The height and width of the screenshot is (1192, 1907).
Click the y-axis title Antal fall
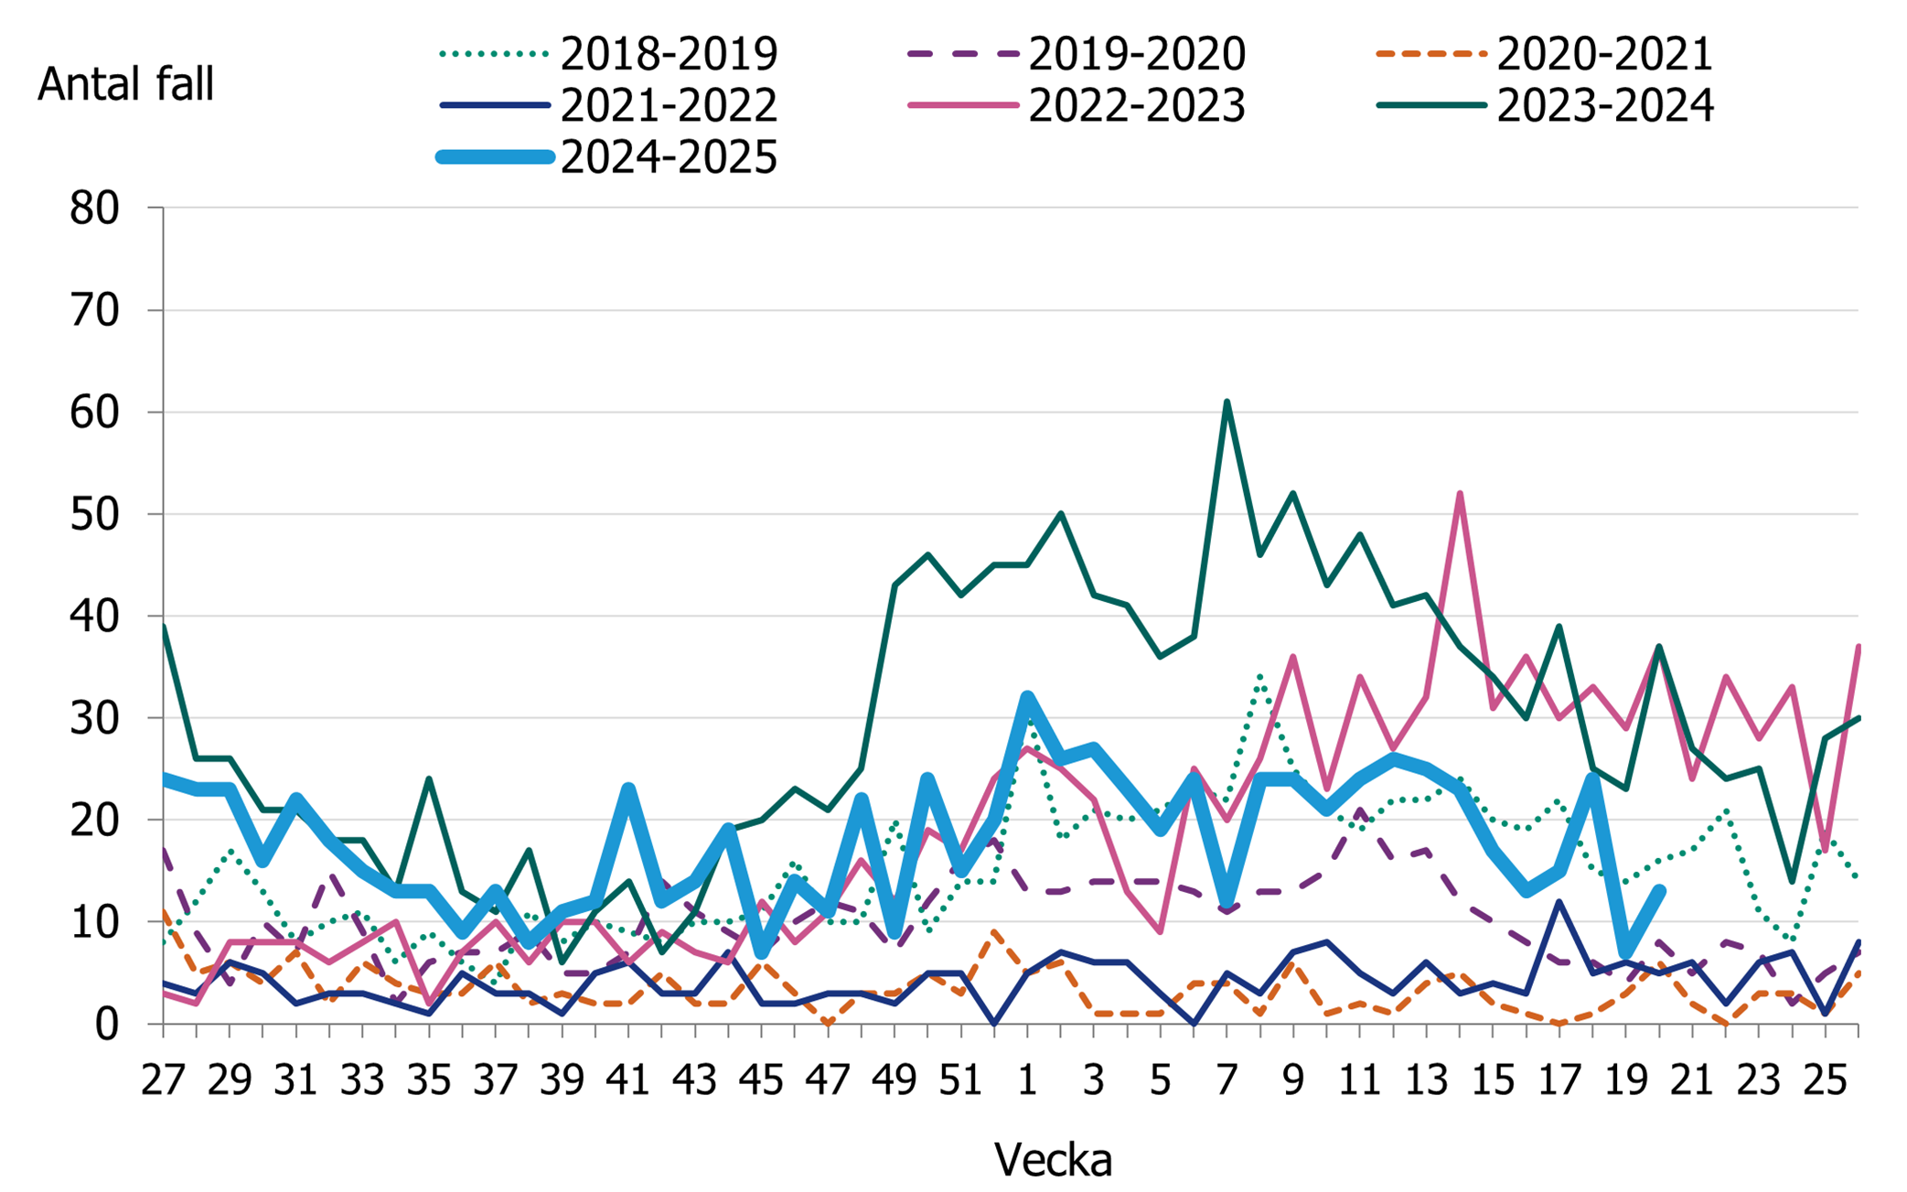[125, 85]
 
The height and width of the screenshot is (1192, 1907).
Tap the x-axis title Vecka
[1053, 1160]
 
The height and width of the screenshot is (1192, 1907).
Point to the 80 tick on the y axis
[94, 209]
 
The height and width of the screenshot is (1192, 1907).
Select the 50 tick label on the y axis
[94, 515]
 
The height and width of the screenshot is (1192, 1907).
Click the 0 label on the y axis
[107, 1025]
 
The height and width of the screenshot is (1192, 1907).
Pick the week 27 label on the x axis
[163, 1080]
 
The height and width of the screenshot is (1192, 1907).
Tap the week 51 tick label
[960, 1080]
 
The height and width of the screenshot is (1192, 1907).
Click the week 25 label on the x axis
[1825, 1080]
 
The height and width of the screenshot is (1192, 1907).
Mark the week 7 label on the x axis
[1227, 1080]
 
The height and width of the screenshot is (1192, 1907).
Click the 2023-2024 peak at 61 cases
[1227, 403]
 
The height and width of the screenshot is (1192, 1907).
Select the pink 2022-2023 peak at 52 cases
[1460, 494]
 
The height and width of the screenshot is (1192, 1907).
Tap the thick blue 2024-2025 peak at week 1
[1027, 698]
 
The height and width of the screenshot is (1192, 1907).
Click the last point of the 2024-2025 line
[1659, 891]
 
